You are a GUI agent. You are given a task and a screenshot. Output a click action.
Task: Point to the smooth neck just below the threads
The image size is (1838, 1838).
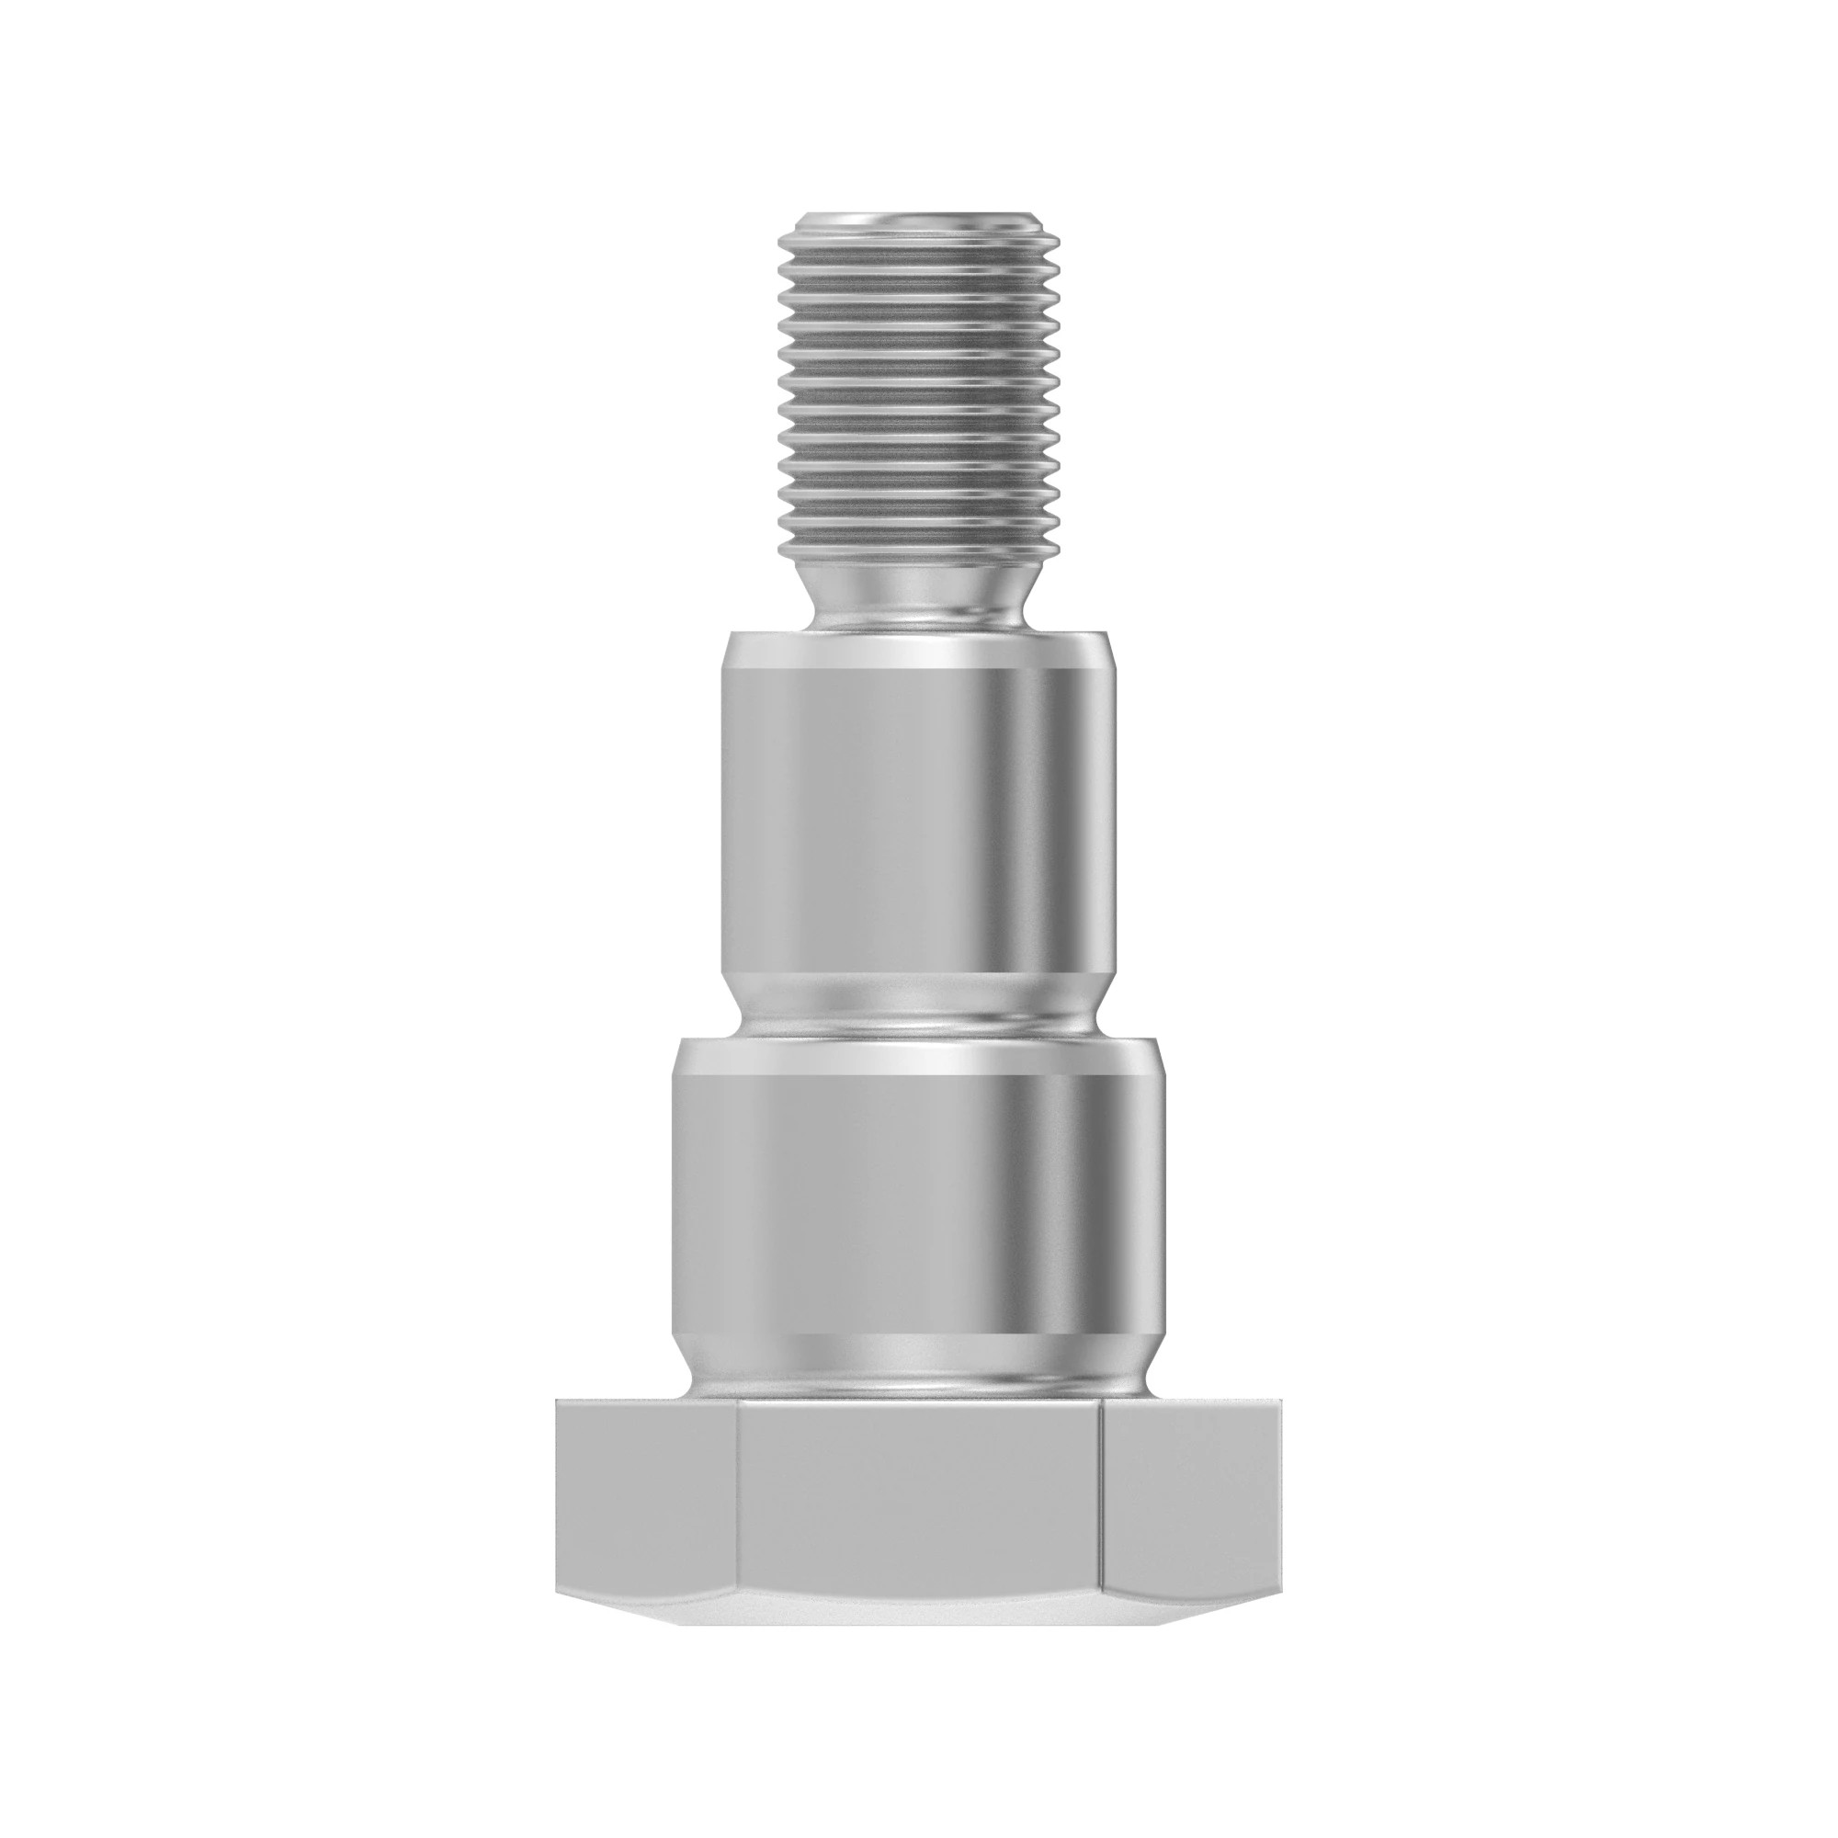[x=918, y=595]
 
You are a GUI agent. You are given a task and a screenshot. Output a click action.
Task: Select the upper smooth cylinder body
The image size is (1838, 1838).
[x=918, y=809]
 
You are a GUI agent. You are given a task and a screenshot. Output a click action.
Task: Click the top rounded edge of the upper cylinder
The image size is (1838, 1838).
[x=918, y=649]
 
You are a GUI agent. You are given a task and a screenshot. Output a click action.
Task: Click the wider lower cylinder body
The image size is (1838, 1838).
[x=918, y=1198]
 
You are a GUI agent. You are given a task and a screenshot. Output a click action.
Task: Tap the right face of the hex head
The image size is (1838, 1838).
[x=1189, y=1513]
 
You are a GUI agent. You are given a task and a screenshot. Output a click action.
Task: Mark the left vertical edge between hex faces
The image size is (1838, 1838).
[x=737, y=1513]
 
